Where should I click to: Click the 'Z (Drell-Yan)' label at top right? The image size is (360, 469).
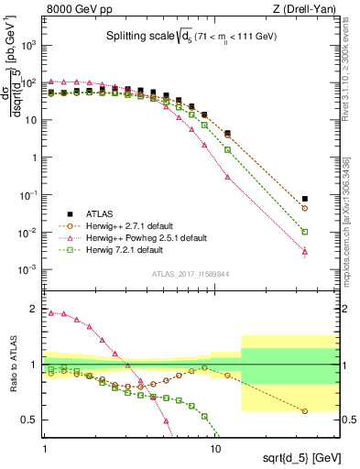tap(302, 8)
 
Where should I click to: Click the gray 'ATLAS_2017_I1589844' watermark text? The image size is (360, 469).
tap(189, 272)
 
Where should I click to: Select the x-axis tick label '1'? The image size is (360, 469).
tap(45, 449)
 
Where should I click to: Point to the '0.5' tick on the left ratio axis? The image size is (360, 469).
tap(31, 420)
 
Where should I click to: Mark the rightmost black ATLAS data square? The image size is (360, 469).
tap(305, 198)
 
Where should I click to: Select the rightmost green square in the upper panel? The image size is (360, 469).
tap(305, 232)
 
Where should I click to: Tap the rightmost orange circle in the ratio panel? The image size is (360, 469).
tap(305, 411)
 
